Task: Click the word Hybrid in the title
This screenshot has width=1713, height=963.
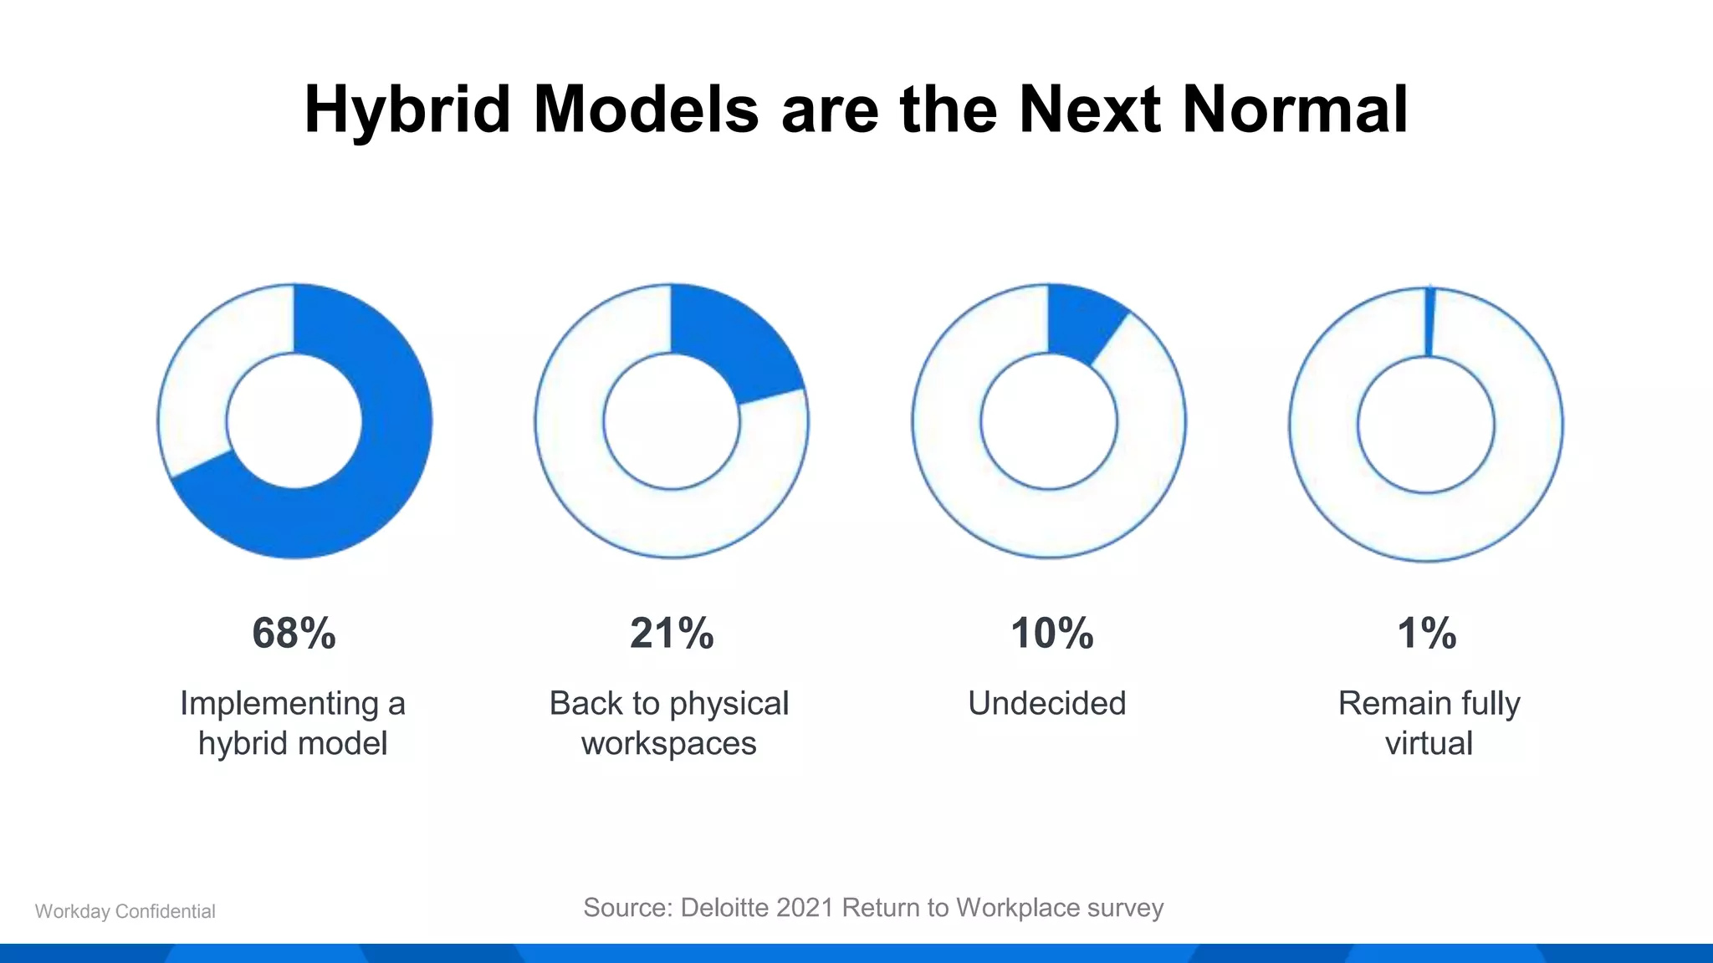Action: point(407,110)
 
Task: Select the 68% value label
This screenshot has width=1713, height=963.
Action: point(294,633)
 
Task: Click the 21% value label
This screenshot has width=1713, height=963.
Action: point(672,633)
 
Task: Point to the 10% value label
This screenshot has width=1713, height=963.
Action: point(1051,633)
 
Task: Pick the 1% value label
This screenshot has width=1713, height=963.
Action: point(1427,633)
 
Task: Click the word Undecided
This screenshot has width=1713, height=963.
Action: point(1046,703)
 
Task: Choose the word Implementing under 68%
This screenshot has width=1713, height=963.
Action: point(279,703)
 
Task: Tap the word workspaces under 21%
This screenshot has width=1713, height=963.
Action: point(668,743)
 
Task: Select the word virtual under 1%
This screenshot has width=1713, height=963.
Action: point(1429,743)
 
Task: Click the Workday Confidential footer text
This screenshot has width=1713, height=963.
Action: point(125,911)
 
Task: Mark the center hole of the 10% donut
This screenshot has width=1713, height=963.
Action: point(1048,421)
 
